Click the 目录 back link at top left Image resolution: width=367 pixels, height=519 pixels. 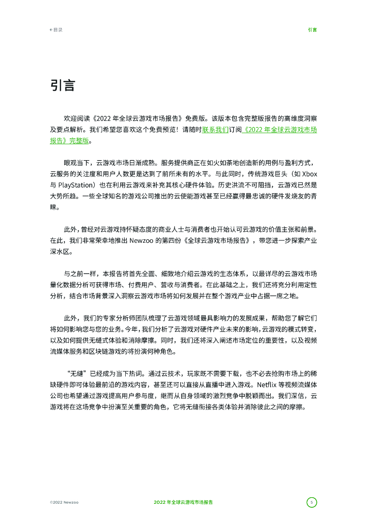[56, 30]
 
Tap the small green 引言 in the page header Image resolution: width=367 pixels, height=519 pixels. [312, 30]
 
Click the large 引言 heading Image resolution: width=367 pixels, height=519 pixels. [62, 86]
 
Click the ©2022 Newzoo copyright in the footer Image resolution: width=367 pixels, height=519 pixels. [64, 502]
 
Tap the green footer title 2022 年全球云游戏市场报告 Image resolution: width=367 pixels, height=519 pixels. [183, 502]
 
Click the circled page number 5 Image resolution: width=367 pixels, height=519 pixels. [312, 502]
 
